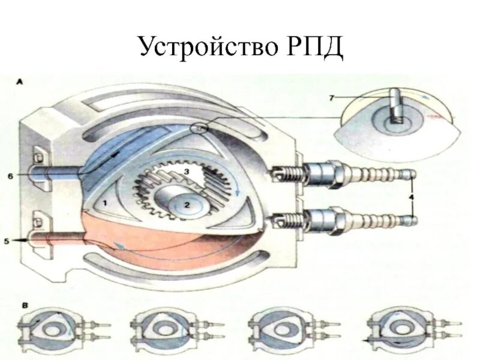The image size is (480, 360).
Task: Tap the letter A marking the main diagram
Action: pyautogui.click(x=20, y=81)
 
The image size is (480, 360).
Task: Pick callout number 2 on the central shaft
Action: pyautogui.click(x=187, y=205)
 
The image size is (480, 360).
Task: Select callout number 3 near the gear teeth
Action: pyautogui.click(x=187, y=172)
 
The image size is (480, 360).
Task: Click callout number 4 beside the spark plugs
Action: pyautogui.click(x=412, y=197)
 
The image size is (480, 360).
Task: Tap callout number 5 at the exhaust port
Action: pyautogui.click(x=7, y=241)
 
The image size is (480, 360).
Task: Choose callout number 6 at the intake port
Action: pyautogui.click(x=10, y=176)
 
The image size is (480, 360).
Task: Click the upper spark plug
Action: pyautogui.click(x=342, y=175)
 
